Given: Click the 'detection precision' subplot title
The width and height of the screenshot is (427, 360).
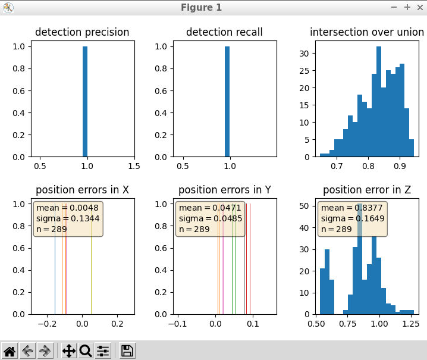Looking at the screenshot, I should pyautogui.click(x=82, y=32).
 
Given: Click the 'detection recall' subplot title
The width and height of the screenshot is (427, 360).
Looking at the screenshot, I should pyautogui.click(x=224, y=32).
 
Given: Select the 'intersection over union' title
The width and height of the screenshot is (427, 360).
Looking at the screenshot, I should pyautogui.click(x=367, y=32).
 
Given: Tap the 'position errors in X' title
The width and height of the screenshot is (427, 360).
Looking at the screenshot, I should pyautogui.click(x=82, y=190).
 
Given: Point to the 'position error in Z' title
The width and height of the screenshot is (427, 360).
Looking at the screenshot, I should pyautogui.click(x=367, y=190).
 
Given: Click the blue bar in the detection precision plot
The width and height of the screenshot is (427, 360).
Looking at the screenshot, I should pyautogui.click(x=85, y=101).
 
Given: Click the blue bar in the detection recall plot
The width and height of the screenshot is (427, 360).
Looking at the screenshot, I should pyautogui.click(x=227, y=101).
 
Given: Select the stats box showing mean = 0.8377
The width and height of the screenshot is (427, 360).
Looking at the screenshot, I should pyautogui.click(x=353, y=218).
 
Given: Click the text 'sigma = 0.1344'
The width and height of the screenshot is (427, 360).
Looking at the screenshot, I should pyautogui.click(x=67, y=218).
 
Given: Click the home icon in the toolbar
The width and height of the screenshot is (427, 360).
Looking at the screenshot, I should pyautogui.click(x=10, y=350).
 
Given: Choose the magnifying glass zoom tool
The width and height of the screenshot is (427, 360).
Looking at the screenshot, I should pyautogui.click(x=86, y=350).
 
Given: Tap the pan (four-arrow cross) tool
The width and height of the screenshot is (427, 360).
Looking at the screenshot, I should pyautogui.click(x=69, y=350).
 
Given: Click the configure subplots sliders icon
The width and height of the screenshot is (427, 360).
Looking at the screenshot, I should pyautogui.click(x=103, y=350).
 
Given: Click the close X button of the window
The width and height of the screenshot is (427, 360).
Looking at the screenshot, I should pyautogui.click(x=419, y=7).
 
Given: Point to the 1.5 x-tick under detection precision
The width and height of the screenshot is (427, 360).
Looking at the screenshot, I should pyautogui.click(x=134, y=165).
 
